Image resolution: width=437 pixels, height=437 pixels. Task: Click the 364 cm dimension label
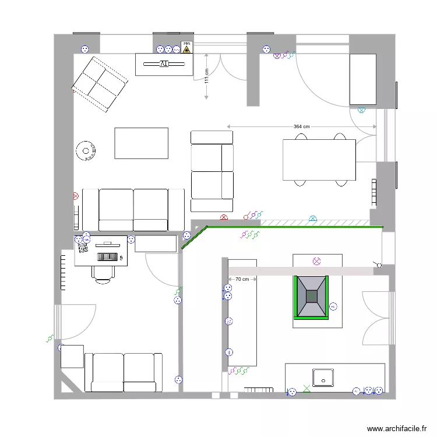(x=301, y=126)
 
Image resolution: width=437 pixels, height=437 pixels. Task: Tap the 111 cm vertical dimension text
(x=206, y=76)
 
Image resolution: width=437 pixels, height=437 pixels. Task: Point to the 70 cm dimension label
(x=242, y=280)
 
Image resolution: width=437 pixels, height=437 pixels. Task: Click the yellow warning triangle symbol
(x=186, y=50)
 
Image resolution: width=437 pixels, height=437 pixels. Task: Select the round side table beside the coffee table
(x=86, y=151)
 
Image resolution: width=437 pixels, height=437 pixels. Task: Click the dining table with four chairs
(x=319, y=160)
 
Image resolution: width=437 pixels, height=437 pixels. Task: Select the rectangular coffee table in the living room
(x=141, y=143)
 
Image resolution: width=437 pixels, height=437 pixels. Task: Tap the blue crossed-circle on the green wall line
(x=313, y=218)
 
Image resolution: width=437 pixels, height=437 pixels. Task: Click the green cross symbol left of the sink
(x=307, y=389)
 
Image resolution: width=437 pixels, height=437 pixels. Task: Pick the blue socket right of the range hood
(x=333, y=306)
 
